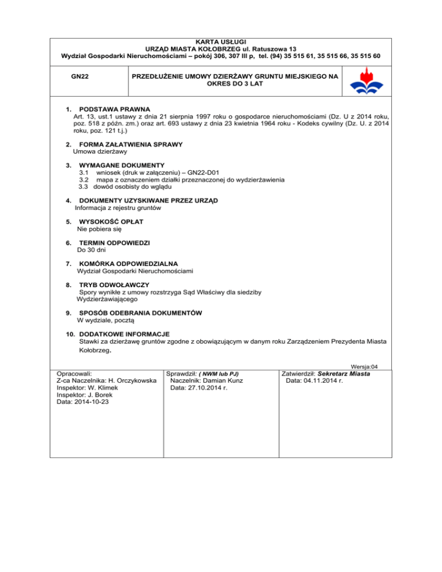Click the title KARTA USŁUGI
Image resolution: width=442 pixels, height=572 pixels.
click(x=221, y=42)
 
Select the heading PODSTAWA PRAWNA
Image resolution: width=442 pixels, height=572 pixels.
click(x=114, y=108)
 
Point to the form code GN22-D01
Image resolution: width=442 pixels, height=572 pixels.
click(x=214, y=172)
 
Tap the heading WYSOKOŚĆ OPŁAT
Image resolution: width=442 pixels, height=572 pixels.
click(x=111, y=222)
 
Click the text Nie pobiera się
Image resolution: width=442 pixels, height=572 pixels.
click(x=100, y=229)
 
